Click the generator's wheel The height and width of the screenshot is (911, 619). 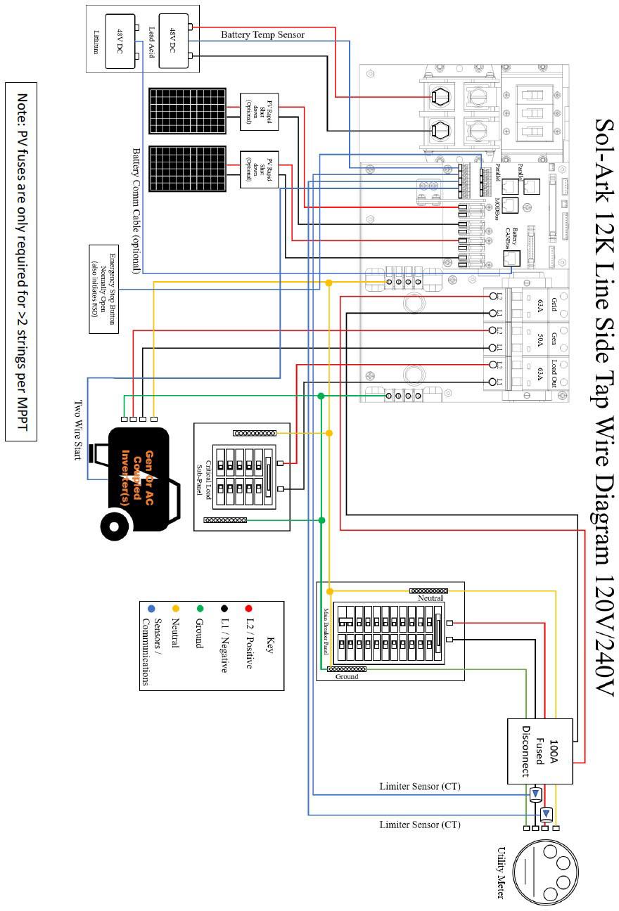(x=116, y=524)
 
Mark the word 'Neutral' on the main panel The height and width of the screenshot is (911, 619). (x=430, y=598)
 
